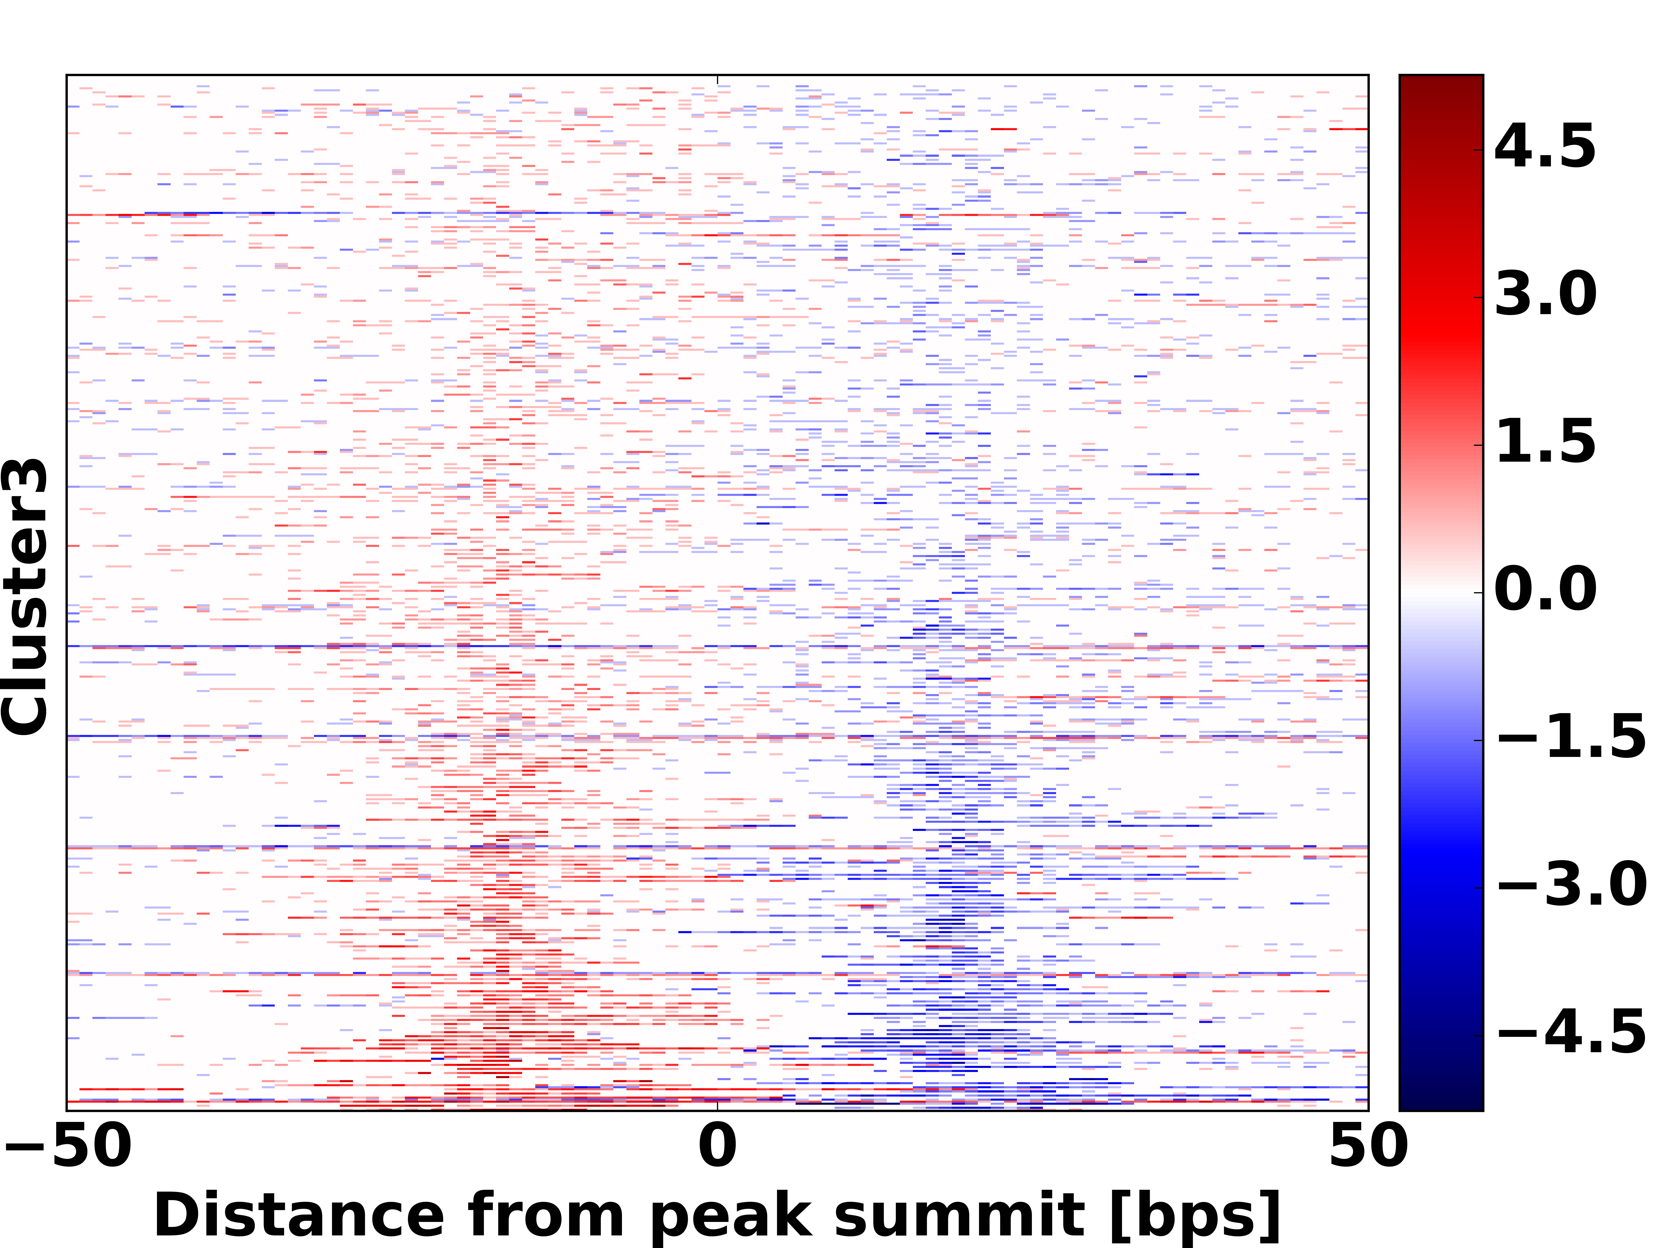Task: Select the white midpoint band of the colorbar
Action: tap(1441, 592)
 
